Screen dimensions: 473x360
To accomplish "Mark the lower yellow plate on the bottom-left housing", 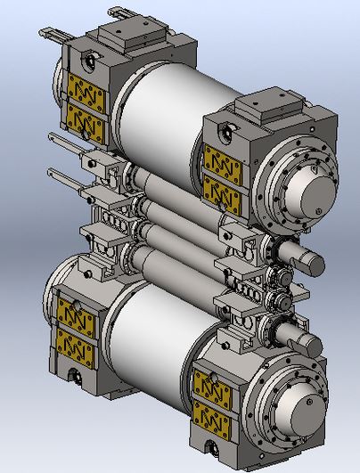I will pyautogui.click(x=76, y=338).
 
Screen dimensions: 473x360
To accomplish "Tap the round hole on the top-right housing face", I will pyautogui.click(x=223, y=130).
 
